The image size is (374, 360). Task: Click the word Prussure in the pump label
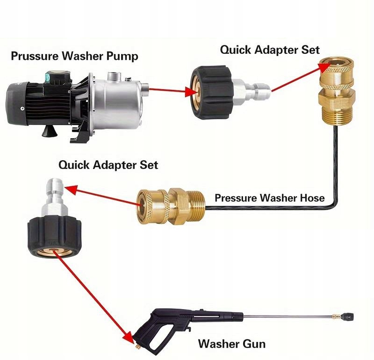(x=32, y=56)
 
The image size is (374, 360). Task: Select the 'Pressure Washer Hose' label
(x=269, y=198)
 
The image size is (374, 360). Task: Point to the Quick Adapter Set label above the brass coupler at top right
(x=270, y=50)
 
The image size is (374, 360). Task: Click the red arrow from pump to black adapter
(x=169, y=91)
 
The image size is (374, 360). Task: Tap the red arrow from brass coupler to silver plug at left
(x=103, y=196)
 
